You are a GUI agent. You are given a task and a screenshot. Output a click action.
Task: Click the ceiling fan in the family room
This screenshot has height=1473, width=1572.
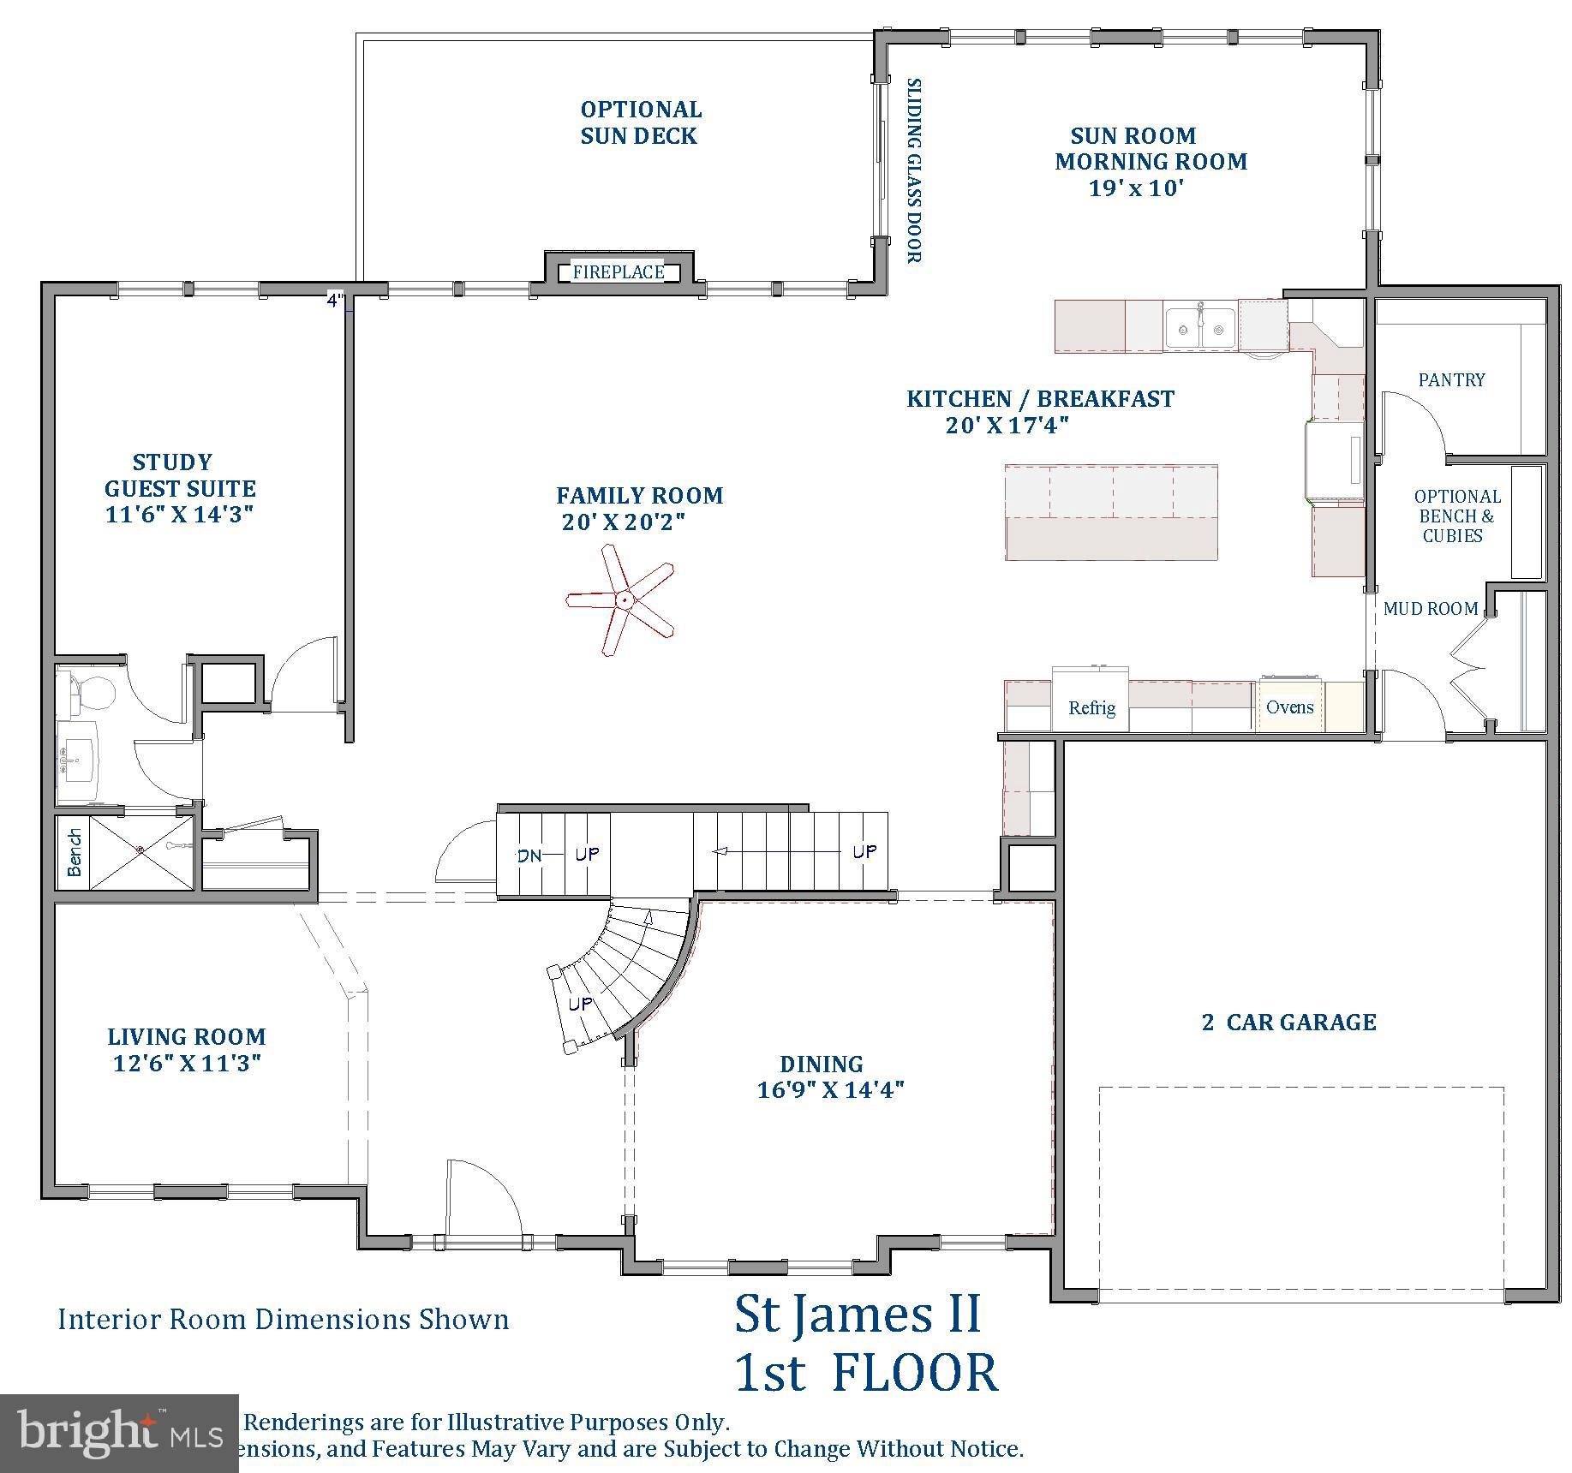[623, 600]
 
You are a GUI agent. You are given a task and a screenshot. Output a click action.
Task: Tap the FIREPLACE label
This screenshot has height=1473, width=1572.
[619, 272]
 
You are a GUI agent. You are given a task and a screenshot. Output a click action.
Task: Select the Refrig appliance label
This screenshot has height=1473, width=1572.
[1091, 708]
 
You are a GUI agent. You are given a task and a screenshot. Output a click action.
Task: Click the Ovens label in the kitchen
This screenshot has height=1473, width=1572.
[1289, 707]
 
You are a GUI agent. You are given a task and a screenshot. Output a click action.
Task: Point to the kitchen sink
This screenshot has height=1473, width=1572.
[1201, 328]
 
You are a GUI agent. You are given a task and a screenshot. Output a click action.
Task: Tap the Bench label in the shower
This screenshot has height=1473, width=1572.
[75, 852]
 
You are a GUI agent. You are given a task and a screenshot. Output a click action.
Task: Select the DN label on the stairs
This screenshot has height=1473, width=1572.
[529, 855]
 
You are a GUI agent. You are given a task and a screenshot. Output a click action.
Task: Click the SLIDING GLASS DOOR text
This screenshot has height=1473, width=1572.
[914, 170]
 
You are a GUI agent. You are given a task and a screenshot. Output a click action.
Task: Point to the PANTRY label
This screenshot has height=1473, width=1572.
[1451, 379]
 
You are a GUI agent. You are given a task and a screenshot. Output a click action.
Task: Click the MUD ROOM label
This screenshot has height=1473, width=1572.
[1430, 609]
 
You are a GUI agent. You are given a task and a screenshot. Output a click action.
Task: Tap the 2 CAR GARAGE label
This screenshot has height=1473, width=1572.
[1288, 1022]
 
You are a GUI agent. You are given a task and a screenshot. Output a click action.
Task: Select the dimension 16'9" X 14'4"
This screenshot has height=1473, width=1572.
[830, 1090]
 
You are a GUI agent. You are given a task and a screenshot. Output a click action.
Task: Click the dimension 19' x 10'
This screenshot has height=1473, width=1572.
[1136, 188]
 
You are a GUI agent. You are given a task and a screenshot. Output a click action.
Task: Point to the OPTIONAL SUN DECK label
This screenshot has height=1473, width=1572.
[640, 122]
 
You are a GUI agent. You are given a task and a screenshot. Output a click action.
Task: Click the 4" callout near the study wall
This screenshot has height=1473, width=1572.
[336, 300]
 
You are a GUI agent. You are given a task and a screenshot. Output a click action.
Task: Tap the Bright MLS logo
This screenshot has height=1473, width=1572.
[119, 1433]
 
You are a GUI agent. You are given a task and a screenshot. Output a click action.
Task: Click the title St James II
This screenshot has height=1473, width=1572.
[858, 1315]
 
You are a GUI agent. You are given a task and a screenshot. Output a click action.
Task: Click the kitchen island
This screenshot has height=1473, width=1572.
[1111, 513]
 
